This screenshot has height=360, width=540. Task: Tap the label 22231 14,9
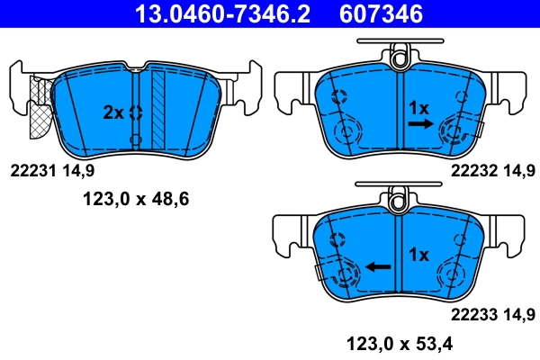pos(51,168)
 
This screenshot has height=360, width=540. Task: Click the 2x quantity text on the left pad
pos(112,112)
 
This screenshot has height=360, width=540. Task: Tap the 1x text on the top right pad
pos(418,107)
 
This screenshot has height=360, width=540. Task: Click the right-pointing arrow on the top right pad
pos(418,127)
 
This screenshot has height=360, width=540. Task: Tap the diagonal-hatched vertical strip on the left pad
pos(159,108)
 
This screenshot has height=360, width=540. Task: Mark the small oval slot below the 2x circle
pos(136,140)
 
